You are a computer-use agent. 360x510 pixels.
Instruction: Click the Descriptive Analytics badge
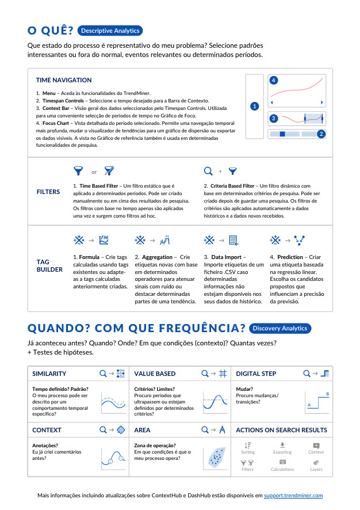[109, 31]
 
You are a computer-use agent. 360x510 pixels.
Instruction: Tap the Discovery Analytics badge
[280, 328]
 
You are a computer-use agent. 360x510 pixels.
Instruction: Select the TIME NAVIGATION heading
[64, 80]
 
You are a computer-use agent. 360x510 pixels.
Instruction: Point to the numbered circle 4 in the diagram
[274, 80]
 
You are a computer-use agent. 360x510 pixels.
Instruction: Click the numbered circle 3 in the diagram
[274, 119]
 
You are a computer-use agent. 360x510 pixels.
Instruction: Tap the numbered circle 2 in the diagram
[321, 134]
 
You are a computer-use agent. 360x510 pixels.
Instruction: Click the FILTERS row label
[48, 192]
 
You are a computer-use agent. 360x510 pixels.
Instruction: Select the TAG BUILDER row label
[51, 265]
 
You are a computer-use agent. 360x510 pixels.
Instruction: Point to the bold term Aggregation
[158, 257]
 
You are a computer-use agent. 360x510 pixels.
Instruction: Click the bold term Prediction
[290, 257]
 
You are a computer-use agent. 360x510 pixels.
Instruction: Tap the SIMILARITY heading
[49, 374]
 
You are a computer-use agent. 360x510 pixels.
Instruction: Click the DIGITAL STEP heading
[256, 374]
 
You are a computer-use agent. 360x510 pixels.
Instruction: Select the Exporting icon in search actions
[282, 445]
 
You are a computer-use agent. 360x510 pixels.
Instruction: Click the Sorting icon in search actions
[248, 445]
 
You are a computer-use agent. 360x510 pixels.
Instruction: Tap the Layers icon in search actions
[316, 462]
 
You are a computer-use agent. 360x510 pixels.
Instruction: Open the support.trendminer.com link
[297, 495]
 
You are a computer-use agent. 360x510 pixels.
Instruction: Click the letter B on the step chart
[327, 394]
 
